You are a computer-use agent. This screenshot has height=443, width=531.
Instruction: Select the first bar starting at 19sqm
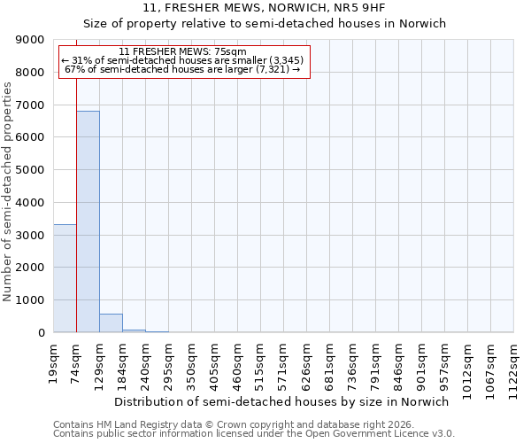coord(65,278)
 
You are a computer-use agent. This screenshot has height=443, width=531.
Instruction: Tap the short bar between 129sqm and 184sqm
coord(111,323)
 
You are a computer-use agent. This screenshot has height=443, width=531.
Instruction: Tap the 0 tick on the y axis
coord(40,333)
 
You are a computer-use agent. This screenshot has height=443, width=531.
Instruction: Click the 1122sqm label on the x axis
coord(514,365)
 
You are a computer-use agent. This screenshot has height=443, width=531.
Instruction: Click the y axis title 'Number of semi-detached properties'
coord(8,190)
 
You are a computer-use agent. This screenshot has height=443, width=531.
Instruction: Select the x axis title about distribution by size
coord(282,401)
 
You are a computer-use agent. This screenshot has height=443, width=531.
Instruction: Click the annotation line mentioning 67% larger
coord(183,69)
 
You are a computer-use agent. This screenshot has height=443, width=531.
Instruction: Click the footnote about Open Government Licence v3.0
coord(254,434)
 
